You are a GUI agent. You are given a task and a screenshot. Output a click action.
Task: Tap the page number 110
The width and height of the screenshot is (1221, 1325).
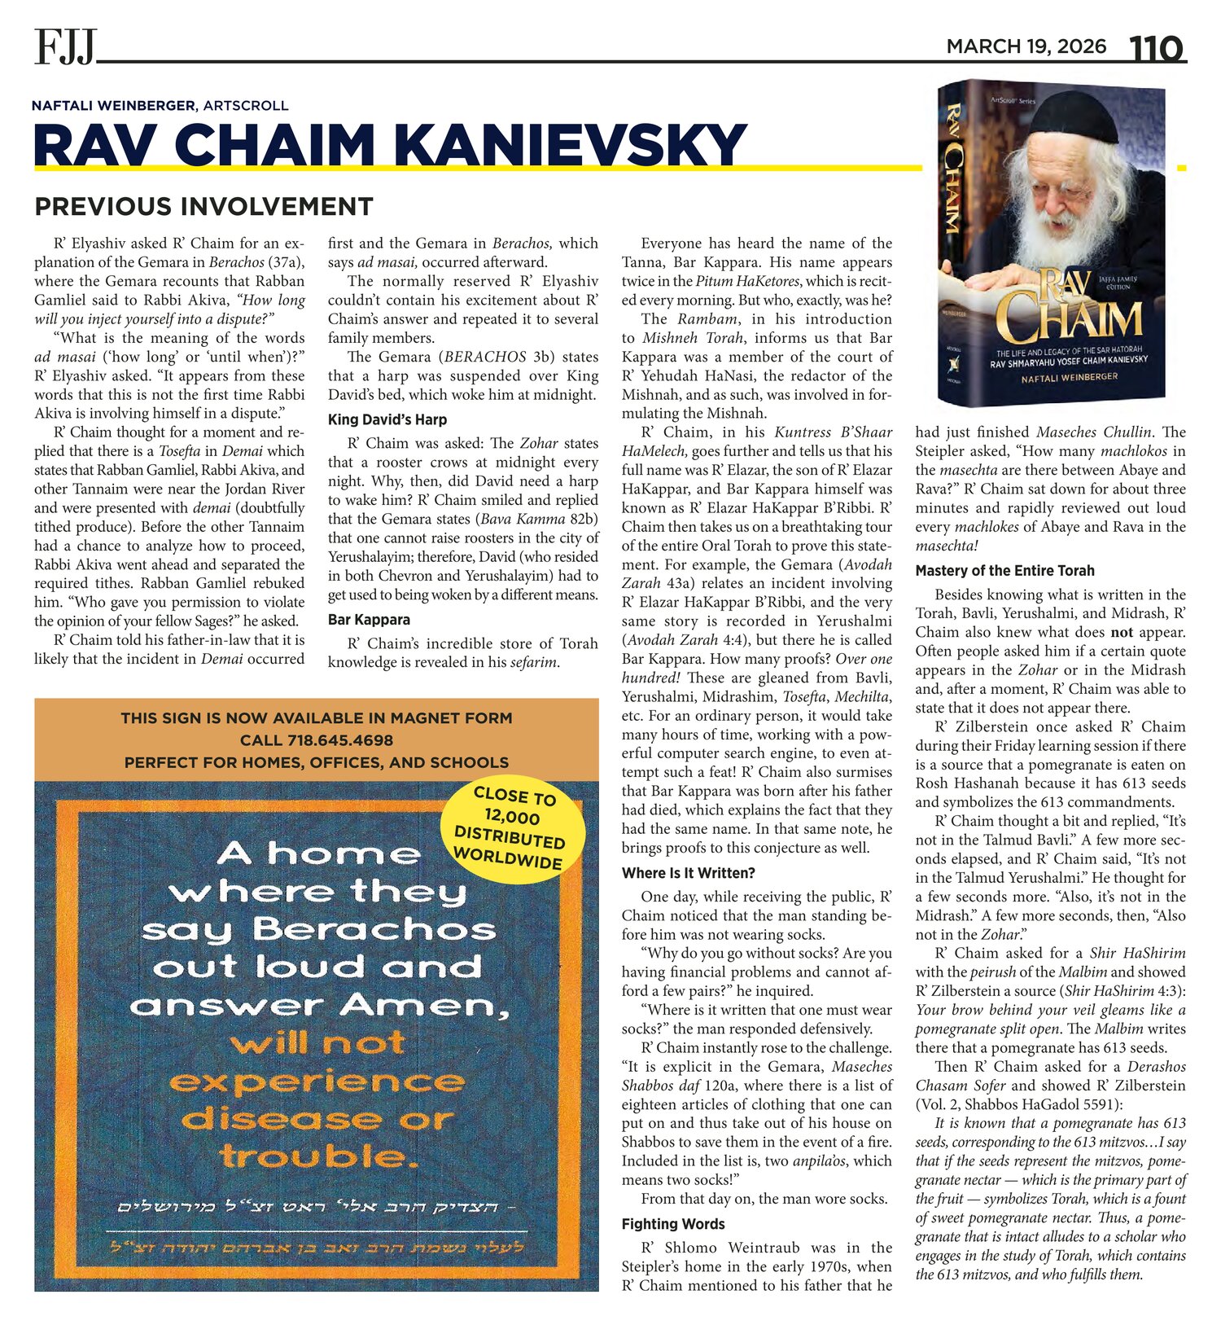pyautogui.click(x=1155, y=48)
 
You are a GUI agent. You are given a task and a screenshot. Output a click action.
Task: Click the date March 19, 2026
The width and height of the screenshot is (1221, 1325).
pyautogui.click(x=1026, y=46)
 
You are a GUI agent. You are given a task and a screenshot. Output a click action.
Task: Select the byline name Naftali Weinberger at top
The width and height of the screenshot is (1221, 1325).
pyautogui.click(x=113, y=105)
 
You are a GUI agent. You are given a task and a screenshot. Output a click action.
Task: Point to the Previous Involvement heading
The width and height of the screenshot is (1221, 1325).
pyautogui.click(x=203, y=206)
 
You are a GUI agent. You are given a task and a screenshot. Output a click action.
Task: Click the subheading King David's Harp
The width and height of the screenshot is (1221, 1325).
pyautogui.click(x=387, y=419)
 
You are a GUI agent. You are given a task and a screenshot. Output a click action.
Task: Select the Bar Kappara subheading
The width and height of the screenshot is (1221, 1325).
pyautogui.click(x=369, y=620)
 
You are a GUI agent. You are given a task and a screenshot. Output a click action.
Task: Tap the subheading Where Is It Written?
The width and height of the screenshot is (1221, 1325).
pyautogui.click(x=689, y=873)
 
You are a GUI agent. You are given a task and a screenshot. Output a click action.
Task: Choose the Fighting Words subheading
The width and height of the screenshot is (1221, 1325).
pyautogui.click(x=673, y=1224)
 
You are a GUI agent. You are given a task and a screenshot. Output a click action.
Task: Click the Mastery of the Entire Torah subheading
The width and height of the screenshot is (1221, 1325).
pyautogui.click(x=1004, y=571)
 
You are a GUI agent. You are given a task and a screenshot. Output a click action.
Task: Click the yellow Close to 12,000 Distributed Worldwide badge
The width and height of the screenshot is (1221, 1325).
pyautogui.click(x=511, y=827)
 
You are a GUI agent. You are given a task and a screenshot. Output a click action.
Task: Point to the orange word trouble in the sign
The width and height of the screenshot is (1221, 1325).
pyautogui.click(x=313, y=1156)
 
